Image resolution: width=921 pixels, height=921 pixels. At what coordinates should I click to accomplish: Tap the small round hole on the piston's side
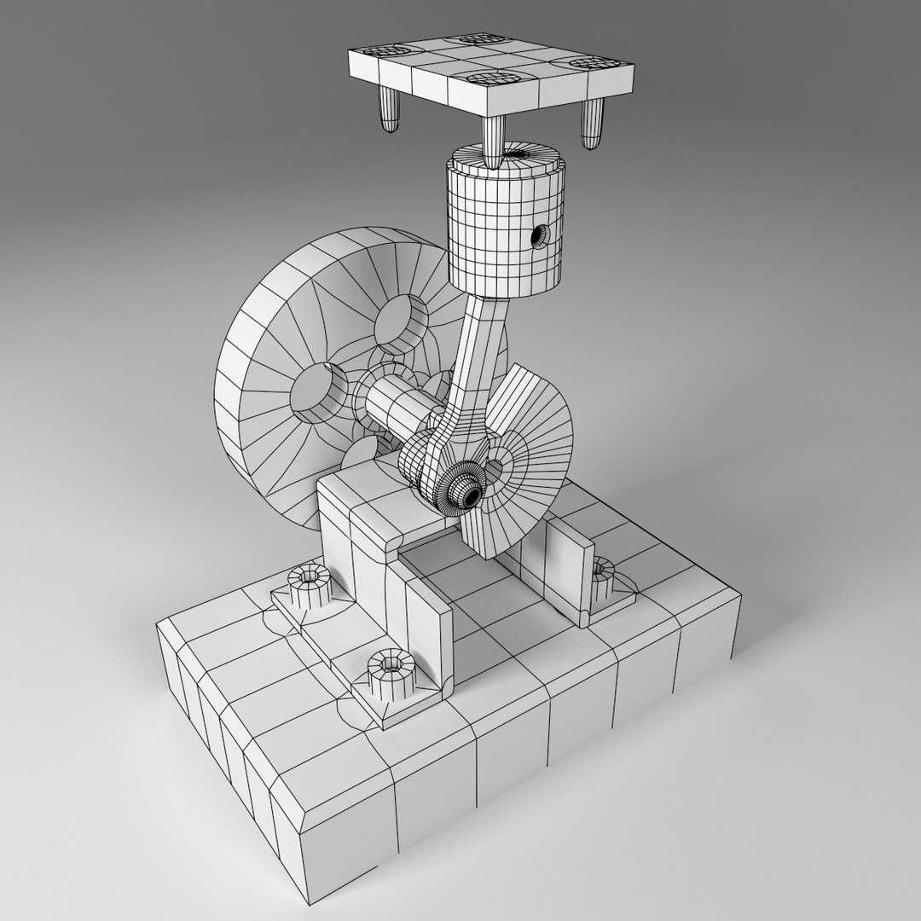[538, 234]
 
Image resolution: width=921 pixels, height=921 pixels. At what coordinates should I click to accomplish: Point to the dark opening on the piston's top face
[518, 155]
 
